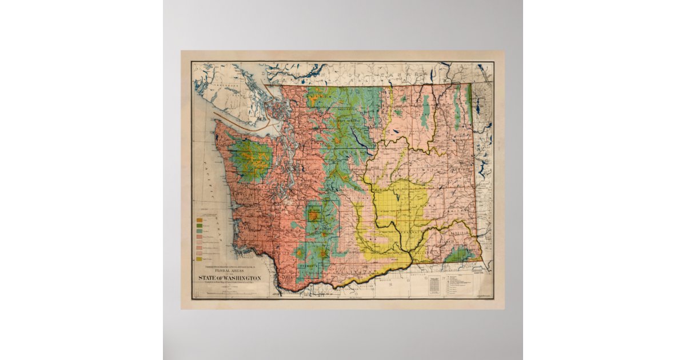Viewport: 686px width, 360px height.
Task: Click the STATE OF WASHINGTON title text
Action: click(x=229, y=278)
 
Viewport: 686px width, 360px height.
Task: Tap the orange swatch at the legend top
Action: click(x=200, y=219)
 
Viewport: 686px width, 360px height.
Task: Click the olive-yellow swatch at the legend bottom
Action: click(x=200, y=259)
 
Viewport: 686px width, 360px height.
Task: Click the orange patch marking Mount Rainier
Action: click(x=313, y=215)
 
